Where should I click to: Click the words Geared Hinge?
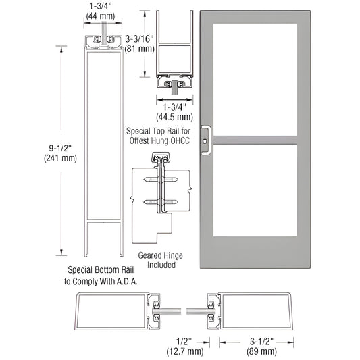click(x=157, y=255)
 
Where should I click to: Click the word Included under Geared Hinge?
click(x=157, y=265)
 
